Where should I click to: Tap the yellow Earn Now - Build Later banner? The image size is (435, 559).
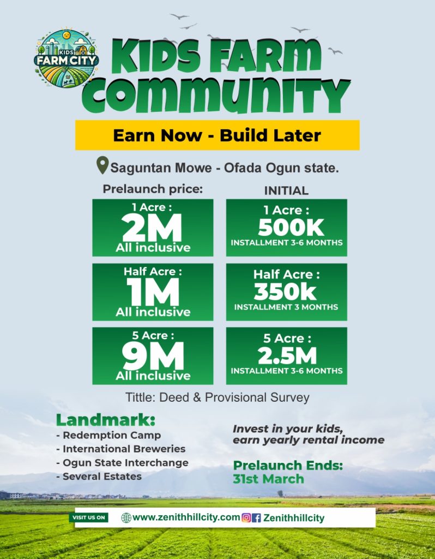pyautogui.click(x=217, y=135)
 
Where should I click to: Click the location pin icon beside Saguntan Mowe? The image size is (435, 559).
pyautogui.click(x=102, y=165)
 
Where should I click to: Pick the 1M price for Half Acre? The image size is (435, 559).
pyautogui.click(x=153, y=294)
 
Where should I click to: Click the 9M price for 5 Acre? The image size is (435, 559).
pyautogui.click(x=153, y=358)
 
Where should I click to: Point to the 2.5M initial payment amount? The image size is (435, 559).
pyautogui.click(x=287, y=356)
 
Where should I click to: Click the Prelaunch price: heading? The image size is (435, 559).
pyautogui.click(x=153, y=190)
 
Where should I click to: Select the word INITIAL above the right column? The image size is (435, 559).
pyautogui.click(x=286, y=191)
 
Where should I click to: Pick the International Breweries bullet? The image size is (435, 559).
pyautogui.click(x=124, y=449)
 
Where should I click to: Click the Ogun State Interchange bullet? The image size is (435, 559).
pyautogui.click(x=125, y=462)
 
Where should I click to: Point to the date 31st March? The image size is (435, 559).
pyautogui.click(x=268, y=479)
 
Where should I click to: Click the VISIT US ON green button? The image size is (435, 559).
pyautogui.click(x=89, y=518)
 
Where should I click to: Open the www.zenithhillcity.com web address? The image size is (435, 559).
pyautogui.click(x=185, y=518)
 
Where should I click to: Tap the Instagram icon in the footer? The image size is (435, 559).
pyautogui.click(x=246, y=518)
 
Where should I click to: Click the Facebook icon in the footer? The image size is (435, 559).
pyautogui.click(x=257, y=518)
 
